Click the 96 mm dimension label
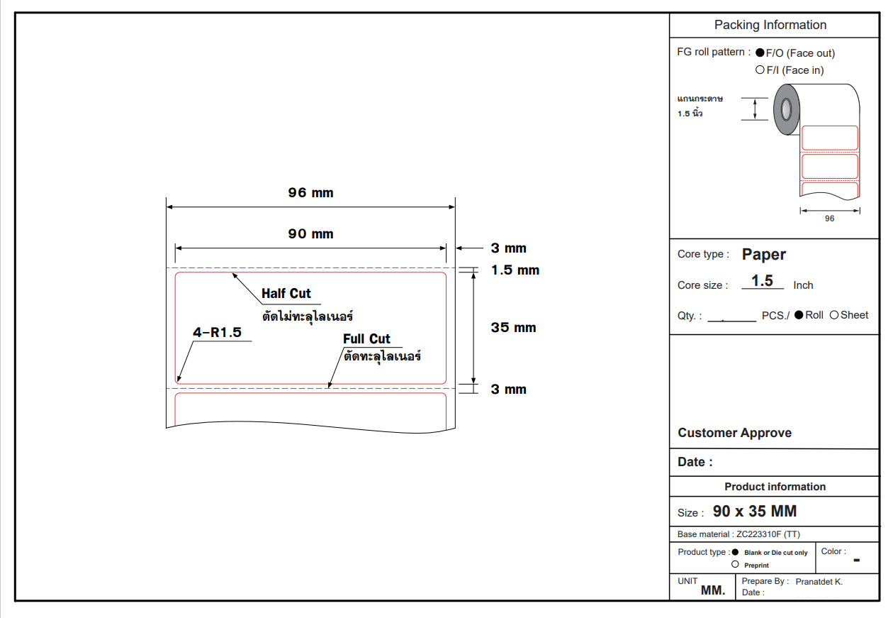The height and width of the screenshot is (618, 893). (x=310, y=193)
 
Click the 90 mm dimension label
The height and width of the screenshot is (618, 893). (x=310, y=234)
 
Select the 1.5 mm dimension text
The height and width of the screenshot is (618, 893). (x=515, y=270)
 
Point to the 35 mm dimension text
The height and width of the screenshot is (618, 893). (x=513, y=328)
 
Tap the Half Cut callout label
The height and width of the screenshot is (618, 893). (x=286, y=294)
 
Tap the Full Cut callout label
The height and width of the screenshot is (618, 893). (x=366, y=339)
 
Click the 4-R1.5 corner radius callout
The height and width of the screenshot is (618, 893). (x=218, y=332)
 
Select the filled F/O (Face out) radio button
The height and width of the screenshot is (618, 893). (x=760, y=53)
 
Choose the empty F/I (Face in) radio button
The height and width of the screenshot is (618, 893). (x=760, y=70)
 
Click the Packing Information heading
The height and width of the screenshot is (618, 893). (x=770, y=25)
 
